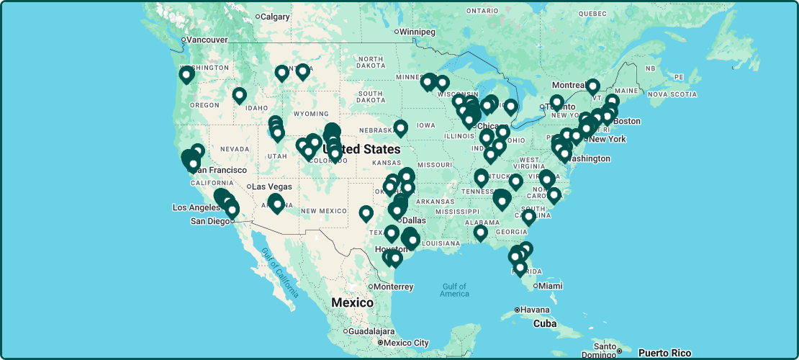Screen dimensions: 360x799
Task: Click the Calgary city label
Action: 275,17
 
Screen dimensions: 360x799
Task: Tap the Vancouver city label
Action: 207,40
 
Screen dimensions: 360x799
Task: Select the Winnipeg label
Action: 417,32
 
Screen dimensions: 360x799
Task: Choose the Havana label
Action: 535,310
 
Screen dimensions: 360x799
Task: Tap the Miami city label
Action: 551,286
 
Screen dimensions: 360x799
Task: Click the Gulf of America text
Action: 455,289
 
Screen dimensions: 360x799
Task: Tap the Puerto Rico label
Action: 664,353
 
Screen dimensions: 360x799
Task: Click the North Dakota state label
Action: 370,63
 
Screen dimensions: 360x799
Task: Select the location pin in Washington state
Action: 186,74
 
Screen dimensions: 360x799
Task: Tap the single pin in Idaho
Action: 239,94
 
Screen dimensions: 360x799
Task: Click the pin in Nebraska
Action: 401,127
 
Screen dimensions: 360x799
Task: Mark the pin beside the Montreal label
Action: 592,86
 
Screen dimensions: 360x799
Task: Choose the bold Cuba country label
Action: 544,324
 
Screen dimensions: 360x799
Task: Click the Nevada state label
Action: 234,148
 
